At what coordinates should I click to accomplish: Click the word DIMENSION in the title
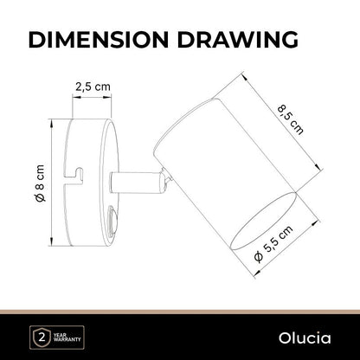[x=99, y=39]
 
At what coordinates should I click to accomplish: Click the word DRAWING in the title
[x=238, y=39]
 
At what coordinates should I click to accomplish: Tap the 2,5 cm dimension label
[x=93, y=87]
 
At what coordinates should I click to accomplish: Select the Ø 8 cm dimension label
[x=40, y=183]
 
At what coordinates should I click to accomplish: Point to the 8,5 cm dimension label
[x=291, y=120]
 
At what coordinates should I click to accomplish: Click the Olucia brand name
[x=305, y=338]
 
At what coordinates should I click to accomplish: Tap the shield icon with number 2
[x=42, y=337]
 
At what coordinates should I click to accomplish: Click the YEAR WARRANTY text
[x=67, y=337]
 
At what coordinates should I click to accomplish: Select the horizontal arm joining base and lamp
[x=134, y=183]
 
